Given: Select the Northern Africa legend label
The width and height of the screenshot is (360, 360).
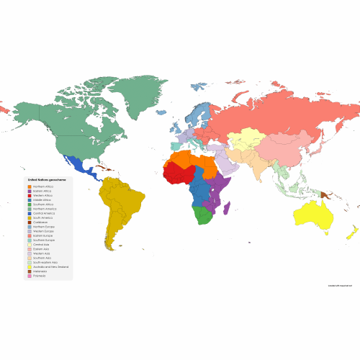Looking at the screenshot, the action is coord(44,186).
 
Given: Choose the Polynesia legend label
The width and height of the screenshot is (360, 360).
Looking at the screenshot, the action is coord(40,276).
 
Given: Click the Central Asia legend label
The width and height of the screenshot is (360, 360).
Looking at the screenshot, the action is coord(42,244).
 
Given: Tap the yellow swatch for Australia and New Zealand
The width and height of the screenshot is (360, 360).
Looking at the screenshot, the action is coord(30,267).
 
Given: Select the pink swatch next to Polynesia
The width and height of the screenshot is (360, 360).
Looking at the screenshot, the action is coord(30,276).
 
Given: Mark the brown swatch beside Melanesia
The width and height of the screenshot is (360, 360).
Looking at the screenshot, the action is coord(30,271).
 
